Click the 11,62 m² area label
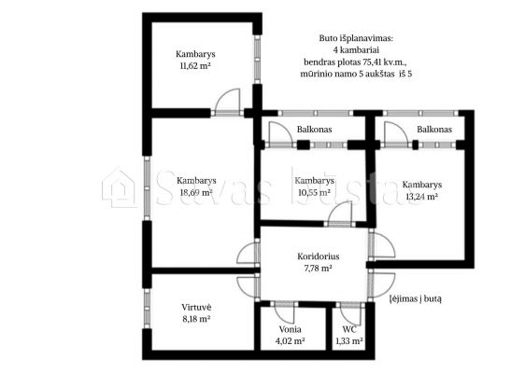pos(195,65)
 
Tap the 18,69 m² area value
pos(196,192)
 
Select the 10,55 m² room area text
pos(314,192)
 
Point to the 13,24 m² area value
pos(422,197)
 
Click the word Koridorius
pos(318,256)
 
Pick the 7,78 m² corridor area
pos(318,268)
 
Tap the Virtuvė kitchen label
pos(196,307)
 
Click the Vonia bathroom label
pos(290,329)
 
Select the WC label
pos(349,329)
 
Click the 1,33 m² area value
pos(349,341)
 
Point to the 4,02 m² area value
pos(290,341)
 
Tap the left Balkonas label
pos(314,130)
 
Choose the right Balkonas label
pos(434,130)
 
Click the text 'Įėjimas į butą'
pos(415,298)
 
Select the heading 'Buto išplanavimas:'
pos(356,38)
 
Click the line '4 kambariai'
pos(356,50)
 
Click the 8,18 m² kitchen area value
pos(196,319)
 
